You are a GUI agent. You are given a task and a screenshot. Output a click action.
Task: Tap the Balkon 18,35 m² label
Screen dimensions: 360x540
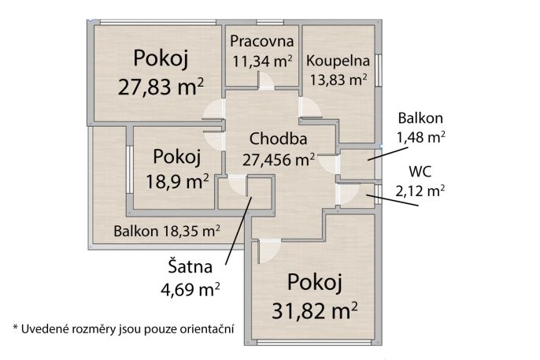click(166, 231)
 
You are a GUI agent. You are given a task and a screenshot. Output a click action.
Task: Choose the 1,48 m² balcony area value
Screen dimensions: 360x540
click(421, 136)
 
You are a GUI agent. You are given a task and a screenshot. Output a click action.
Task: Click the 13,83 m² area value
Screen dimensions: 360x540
click(338, 79)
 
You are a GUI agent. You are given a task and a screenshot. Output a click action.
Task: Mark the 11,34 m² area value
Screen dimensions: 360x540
click(262, 59)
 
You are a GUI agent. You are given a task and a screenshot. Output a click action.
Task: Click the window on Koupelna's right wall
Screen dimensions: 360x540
click(378, 71)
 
